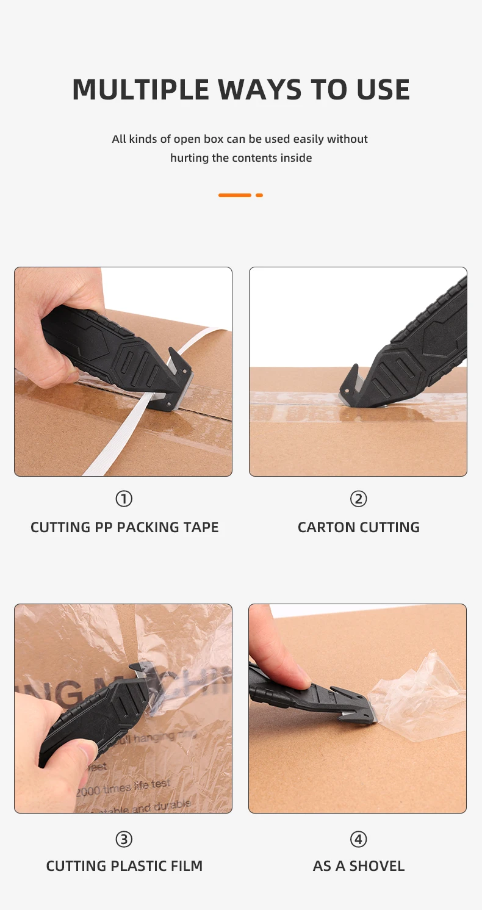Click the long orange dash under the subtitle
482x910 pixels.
[x=235, y=195]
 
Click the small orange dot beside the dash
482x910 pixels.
[x=259, y=195]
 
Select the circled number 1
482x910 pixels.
[x=124, y=499]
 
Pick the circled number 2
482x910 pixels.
[x=358, y=499]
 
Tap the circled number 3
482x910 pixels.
[x=124, y=840]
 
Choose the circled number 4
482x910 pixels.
[x=358, y=840]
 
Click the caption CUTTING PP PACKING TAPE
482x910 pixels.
[x=124, y=527]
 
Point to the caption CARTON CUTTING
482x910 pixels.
[x=358, y=527]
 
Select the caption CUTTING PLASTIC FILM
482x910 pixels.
[x=124, y=866]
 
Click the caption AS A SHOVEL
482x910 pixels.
[x=358, y=866]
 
